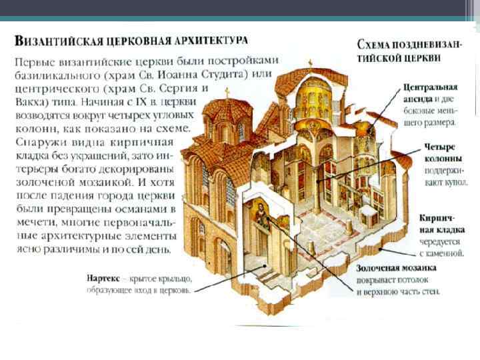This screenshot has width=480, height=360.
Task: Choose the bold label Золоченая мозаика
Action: click(399, 269)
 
